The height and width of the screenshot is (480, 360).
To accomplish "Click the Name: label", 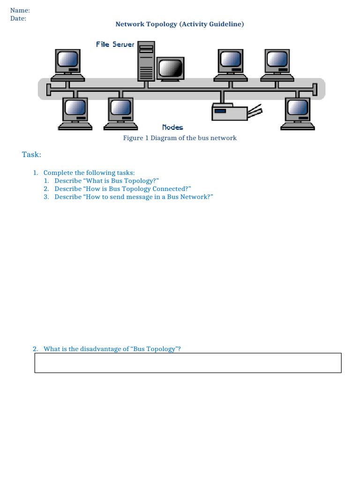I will pos(20,10).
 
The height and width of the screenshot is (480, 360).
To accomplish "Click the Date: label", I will pos(18,18).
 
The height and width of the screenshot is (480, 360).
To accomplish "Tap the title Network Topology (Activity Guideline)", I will pos(180,24).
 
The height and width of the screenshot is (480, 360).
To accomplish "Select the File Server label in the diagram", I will pos(115,45).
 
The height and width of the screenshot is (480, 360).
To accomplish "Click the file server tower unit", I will pos(146,61).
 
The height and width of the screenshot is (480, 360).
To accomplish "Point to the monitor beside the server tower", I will pos(170,69).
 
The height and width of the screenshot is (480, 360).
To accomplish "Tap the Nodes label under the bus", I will pos(172,127).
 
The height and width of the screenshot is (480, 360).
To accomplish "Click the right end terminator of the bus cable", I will pos(315,90).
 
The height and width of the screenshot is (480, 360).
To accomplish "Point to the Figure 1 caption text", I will pos(180,138).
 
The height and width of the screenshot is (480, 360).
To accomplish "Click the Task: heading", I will pos(32,155).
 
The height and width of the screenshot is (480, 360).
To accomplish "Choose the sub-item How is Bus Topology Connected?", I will pos(122,189).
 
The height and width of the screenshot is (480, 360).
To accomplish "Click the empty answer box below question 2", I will pos(188,363).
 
